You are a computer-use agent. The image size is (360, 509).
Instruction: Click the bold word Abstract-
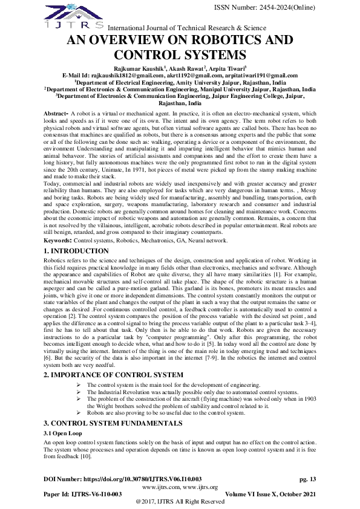coord(56,114)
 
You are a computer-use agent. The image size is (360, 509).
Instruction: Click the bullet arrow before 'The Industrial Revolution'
coord(80,392)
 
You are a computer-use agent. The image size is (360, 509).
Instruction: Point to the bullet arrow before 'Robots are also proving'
coord(80,413)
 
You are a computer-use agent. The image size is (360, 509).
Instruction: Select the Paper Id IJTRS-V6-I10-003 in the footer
coord(83,494)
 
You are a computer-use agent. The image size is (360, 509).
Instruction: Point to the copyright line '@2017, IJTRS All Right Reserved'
coord(180,502)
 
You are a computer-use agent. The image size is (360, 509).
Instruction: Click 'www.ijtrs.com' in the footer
coord(161,487)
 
